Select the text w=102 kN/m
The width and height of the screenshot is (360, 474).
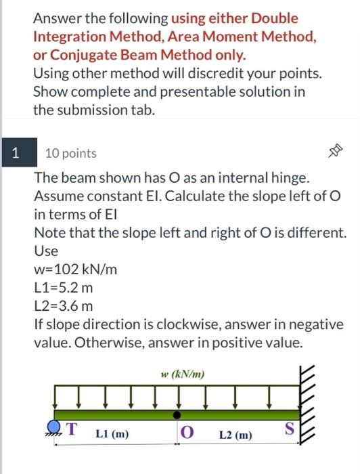75,269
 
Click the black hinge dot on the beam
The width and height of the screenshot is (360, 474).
177,413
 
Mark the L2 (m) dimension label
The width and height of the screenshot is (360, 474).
235,433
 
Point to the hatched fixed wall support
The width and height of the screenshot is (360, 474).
308,405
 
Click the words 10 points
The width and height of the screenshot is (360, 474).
70,154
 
